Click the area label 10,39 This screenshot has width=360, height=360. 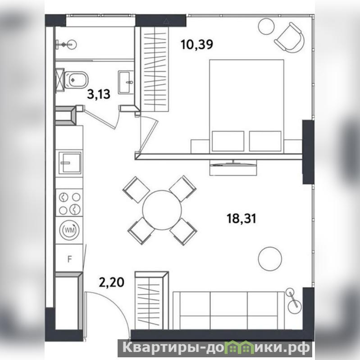tap(197, 44)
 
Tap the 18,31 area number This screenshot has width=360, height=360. tap(242, 218)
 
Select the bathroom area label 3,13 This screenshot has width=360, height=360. tap(99, 94)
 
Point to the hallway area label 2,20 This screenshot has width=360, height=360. tap(112, 282)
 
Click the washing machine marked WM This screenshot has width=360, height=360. tap(69, 230)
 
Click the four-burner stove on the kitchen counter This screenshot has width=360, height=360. tap(69, 203)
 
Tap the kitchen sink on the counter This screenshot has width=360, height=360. tap(70, 163)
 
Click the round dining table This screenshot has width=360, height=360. tap(162, 210)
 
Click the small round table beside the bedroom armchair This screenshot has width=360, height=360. tap(266, 26)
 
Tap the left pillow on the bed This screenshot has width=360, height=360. tap(228, 141)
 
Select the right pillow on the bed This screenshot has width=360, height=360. tap(265, 141)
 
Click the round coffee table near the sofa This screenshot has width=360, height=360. tap(270, 259)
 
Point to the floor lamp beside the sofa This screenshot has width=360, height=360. tap(294, 301)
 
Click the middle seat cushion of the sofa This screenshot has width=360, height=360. tap(229, 311)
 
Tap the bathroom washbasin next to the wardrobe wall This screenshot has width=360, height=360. tap(126, 82)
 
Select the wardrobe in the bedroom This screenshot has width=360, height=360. tap(155, 69)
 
